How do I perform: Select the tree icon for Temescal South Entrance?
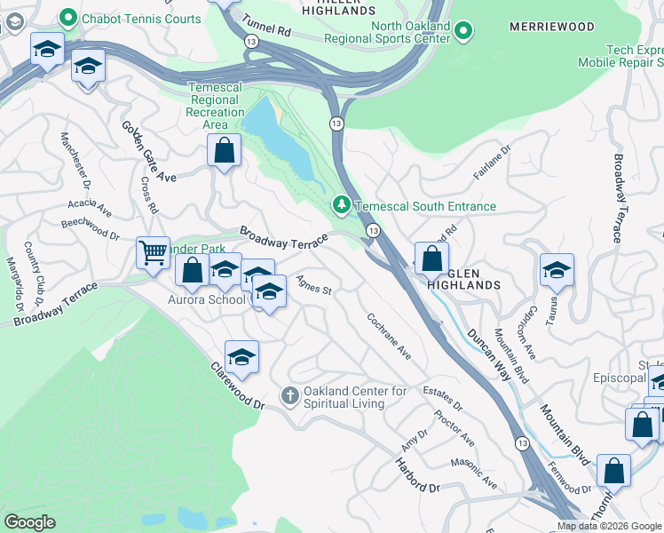click(342, 206)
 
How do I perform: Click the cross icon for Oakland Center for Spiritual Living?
click(289, 394)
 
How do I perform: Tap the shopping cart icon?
click(153, 253)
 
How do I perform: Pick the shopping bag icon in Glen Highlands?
click(431, 259)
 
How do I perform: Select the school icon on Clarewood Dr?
click(241, 356)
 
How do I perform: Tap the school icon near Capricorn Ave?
click(557, 269)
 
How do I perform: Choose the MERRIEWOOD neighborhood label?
click(551, 28)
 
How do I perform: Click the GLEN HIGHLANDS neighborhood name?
click(463, 279)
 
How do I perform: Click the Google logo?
click(30, 522)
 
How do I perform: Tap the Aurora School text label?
click(206, 299)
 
